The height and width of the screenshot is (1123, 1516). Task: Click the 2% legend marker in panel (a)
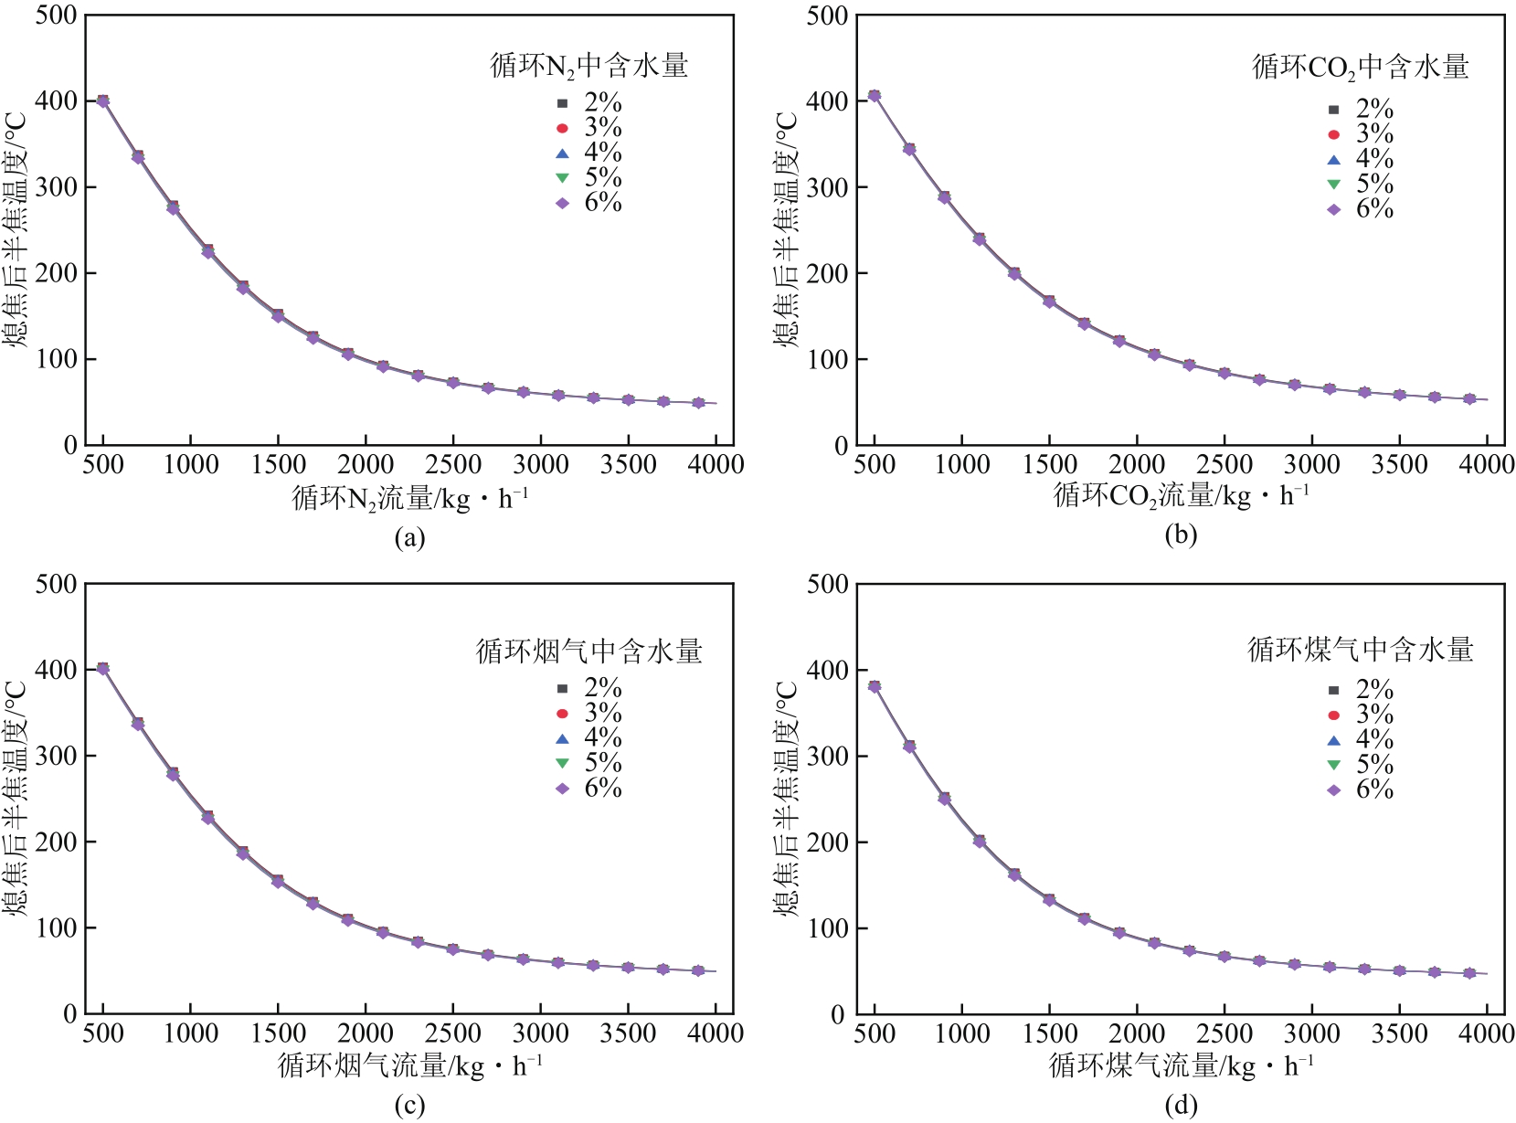click(563, 103)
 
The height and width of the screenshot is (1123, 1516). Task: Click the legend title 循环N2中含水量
click(589, 66)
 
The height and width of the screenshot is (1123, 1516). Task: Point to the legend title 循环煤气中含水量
click(1361, 650)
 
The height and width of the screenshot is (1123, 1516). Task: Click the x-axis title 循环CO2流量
click(1181, 496)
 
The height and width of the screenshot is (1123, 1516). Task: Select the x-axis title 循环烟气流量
click(409, 1065)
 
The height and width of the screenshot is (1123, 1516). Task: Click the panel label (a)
click(409, 537)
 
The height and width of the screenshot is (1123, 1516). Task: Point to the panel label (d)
click(1181, 1106)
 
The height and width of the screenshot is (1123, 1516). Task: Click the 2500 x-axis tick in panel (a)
click(453, 465)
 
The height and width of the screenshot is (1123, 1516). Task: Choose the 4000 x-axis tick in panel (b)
click(1487, 465)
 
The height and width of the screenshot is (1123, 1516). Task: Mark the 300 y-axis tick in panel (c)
click(56, 756)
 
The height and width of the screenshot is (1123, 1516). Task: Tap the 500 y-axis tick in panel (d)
click(827, 584)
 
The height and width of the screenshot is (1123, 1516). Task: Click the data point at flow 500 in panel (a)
click(102, 101)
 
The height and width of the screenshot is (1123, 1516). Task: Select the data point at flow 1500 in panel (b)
click(1049, 302)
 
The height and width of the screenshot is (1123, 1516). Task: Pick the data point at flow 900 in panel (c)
click(173, 774)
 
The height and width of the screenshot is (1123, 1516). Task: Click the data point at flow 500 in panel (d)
click(875, 686)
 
